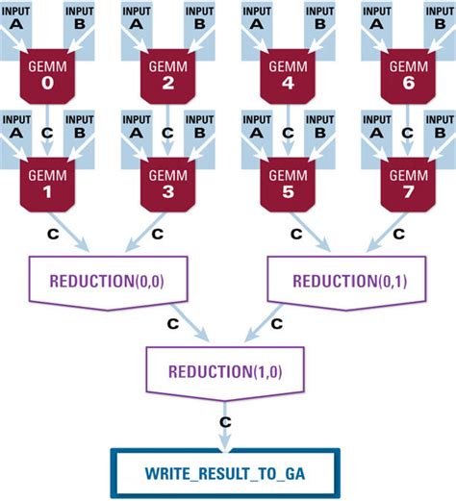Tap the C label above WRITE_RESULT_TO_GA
(x=225, y=420)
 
